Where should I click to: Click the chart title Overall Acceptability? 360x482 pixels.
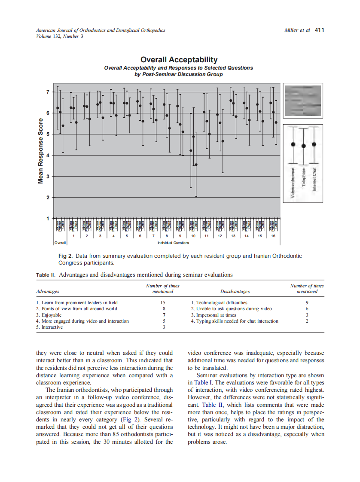[x=179, y=60]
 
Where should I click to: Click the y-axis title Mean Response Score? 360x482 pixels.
[x=41, y=151]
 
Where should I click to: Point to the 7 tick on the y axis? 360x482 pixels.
[x=48, y=92]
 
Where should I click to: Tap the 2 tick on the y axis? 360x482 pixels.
[x=48, y=198]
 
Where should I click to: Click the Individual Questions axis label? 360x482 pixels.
[x=173, y=243]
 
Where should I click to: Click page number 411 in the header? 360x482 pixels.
[x=319, y=30]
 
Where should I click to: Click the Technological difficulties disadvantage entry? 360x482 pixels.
[x=219, y=302]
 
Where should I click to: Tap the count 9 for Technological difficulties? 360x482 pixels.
[x=307, y=302]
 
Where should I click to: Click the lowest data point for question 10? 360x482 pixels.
[x=196, y=165]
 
